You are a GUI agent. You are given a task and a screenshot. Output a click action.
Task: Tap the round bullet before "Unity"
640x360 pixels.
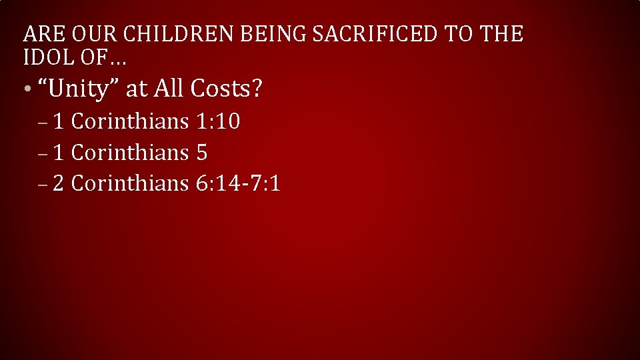24,90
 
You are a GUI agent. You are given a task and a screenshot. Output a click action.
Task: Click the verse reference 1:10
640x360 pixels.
219,121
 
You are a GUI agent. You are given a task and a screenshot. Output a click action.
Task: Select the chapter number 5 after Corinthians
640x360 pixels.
202,152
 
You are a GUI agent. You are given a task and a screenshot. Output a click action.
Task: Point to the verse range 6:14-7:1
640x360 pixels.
239,182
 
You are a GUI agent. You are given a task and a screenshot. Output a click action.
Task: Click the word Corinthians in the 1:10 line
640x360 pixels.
130,121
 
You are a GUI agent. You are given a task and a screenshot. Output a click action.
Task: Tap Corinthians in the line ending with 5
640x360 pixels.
130,152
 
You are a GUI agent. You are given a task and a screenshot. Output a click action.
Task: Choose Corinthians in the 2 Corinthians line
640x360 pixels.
130,182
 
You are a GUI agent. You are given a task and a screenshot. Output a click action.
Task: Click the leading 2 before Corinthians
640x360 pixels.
58,182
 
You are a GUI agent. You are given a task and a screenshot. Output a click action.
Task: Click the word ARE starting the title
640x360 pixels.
39,33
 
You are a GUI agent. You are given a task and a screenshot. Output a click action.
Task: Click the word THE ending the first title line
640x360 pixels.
502,33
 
